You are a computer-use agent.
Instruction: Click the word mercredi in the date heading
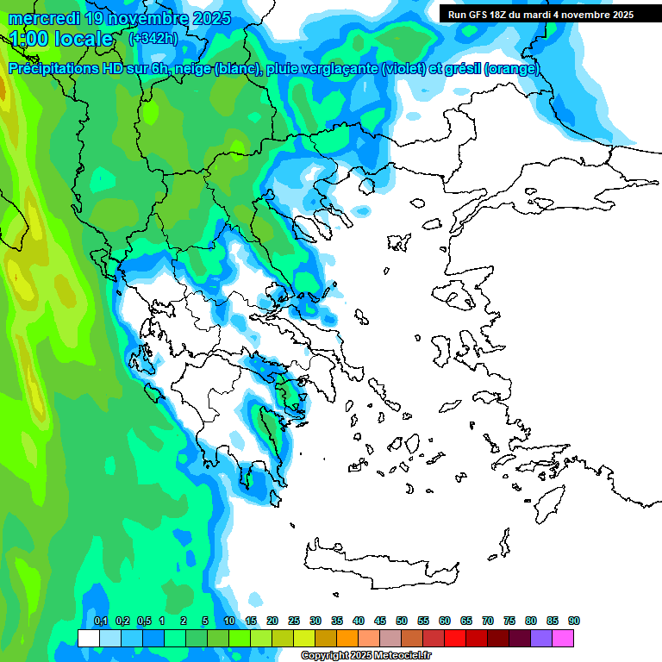tap(43, 18)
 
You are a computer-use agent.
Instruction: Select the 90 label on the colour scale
tap(574, 621)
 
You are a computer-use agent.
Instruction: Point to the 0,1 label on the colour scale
tap(100, 621)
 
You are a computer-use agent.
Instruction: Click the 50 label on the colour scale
tap(402, 621)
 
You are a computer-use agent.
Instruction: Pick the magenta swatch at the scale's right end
tap(563, 638)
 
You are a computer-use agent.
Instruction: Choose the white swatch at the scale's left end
tap(89, 638)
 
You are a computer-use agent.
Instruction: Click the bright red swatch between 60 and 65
tap(455, 638)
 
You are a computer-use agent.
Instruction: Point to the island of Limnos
tap(397, 242)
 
